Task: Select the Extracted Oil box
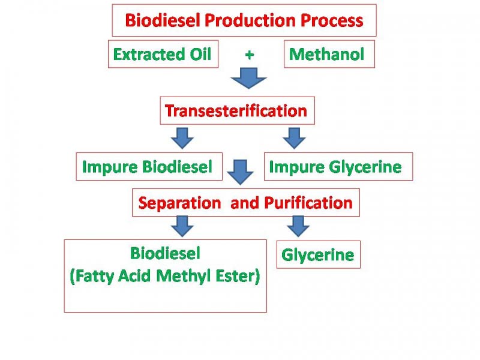[x=163, y=54]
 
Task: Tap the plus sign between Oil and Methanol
[x=250, y=55]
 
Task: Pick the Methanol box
[x=328, y=54]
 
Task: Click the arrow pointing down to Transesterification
[x=248, y=79]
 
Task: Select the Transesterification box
[x=236, y=111]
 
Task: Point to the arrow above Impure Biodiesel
[x=182, y=137]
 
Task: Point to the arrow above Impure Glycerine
[x=294, y=137]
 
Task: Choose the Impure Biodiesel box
[x=148, y=167]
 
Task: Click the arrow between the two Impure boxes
[x=241, y=171]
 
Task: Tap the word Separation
[x=179, y=203]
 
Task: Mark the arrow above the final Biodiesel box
[x=182, y=226]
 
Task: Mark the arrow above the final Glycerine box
[x=298, y=226]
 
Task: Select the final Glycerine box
[x=317, y=255]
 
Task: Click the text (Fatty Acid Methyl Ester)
[x=165, y=278]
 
